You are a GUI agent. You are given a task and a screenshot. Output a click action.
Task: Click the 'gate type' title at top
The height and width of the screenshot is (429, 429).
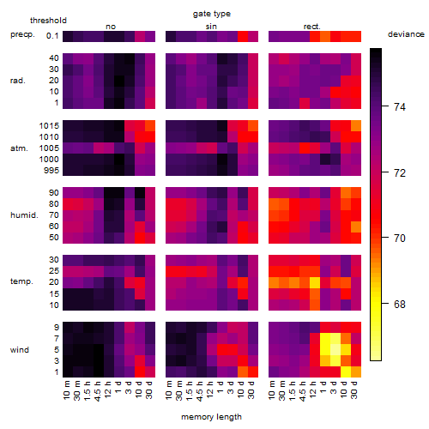[212, 14]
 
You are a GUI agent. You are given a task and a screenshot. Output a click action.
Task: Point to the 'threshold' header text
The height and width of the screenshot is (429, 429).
[48, 21]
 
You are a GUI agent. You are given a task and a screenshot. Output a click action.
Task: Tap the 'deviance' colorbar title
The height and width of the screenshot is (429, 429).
[406, 34]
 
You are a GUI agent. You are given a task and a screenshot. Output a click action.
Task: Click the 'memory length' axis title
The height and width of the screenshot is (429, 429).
[211, 417]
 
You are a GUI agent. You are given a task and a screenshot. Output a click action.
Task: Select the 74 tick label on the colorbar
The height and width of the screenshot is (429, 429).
[400, 107]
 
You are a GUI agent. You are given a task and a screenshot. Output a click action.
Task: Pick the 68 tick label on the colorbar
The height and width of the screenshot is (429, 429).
[400, 304]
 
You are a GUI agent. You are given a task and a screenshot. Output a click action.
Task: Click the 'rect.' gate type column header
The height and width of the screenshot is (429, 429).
[312, 27]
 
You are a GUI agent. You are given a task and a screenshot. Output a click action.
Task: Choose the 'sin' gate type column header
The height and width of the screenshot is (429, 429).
[211, 27]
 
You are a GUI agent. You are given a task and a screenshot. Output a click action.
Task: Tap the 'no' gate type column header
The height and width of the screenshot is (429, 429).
[111, 27]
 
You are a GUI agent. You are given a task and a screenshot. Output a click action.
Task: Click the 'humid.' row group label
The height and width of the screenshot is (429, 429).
[24, 215]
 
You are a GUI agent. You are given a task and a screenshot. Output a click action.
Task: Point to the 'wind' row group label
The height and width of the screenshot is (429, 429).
[20, 350]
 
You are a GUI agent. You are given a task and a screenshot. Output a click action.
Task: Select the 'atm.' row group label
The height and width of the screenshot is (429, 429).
[19, 148]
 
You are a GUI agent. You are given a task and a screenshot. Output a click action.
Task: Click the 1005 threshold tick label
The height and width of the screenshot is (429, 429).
[49, 148]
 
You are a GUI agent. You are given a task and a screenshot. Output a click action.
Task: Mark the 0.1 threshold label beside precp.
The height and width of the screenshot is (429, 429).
[52, 36]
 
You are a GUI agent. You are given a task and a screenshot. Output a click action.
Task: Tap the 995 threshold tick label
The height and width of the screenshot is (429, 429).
[51, 171]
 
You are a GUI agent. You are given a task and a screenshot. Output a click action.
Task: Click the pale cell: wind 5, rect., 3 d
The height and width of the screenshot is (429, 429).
[335, 349]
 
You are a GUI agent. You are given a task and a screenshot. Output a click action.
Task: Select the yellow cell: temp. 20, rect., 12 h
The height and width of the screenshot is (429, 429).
[315, 282]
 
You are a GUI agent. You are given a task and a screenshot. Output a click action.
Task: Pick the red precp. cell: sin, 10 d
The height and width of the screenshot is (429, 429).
[243, 36]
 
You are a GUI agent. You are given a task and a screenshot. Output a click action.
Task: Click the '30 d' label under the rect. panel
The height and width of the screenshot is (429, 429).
[354, 390]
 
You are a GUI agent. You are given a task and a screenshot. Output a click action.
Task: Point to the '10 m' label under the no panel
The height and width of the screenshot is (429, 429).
[66, 390]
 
